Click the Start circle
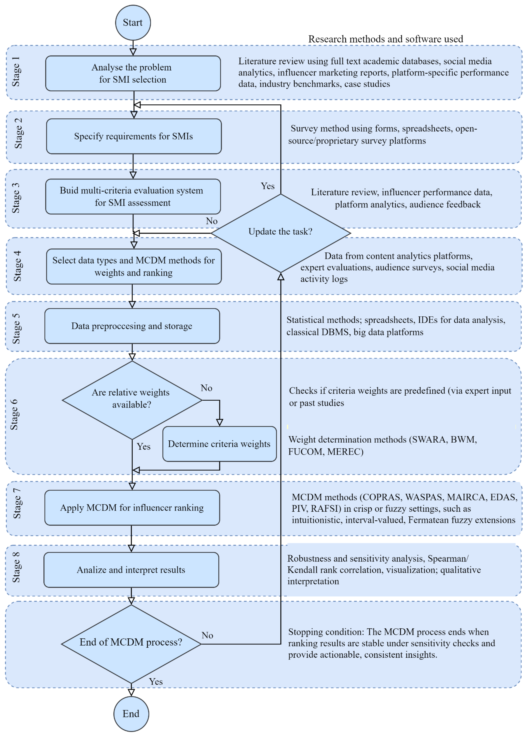[133, 23]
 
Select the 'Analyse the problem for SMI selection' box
[133, 73]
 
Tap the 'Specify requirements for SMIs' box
[134, 136]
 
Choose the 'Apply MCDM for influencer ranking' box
[132, 508]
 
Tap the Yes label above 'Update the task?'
[268, 186]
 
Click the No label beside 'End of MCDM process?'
[207, 635]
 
